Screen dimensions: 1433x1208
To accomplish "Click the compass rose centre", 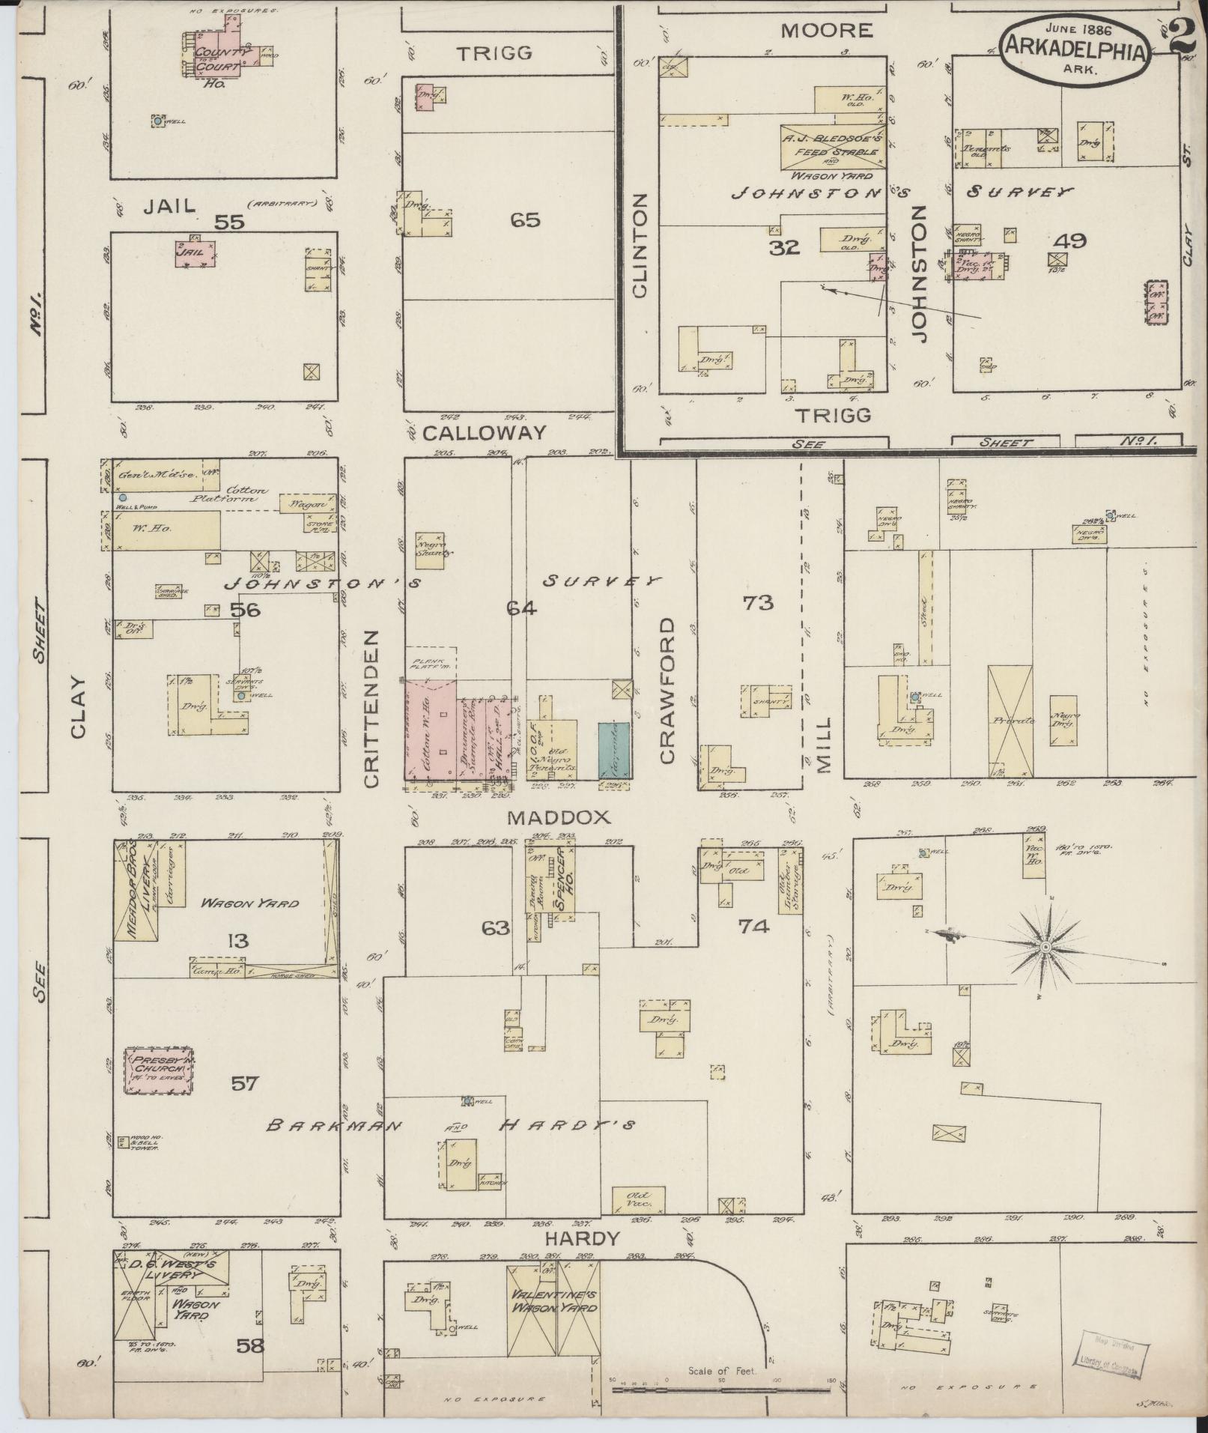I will point(1045,948).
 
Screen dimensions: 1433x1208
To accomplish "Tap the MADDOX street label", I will point(548,817).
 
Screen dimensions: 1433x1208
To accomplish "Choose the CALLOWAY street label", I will point(484,433).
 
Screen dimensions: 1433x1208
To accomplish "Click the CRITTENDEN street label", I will point(372,708).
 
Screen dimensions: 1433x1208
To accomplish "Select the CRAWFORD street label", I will point(667,691).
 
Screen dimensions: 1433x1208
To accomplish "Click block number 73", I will point(757,602).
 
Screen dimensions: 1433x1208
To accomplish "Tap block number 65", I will point(525,220).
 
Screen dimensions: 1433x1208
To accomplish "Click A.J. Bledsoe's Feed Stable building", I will point(832,147).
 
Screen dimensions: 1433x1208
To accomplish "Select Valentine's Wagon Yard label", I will point(554,1301).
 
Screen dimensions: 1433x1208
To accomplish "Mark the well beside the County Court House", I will point(158,120).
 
